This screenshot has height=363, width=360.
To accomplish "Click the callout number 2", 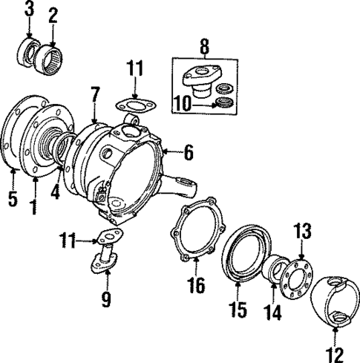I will [x=52, y=14].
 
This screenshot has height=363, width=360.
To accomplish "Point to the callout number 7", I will [x=95, y=94].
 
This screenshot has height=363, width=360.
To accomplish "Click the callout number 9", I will [x=106, y=299].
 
